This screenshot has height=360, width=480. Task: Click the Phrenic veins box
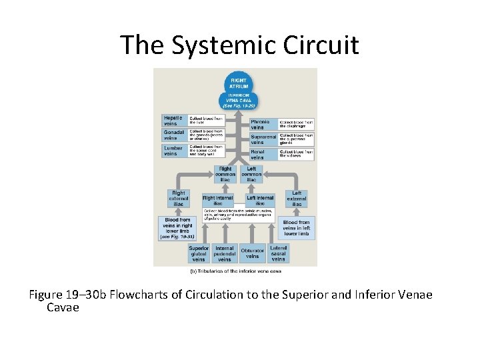tap(261, 125)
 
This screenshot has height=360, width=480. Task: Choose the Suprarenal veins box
tap(262, 139)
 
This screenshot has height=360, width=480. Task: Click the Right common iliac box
tap(225, 174)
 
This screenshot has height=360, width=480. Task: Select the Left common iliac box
tap(251, 174)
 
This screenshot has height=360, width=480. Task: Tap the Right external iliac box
tap(178, 199)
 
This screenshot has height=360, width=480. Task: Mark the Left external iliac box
tap(297, 199)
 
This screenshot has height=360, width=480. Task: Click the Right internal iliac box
tap(217, 200)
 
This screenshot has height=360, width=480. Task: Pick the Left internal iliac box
tap(260, 200)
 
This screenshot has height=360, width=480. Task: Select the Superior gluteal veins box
tap(199, 254)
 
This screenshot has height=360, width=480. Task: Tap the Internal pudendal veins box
tap(225, 254)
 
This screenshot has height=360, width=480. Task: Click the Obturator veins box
tap(253, 254)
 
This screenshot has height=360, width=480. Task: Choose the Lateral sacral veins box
tap(279, 254)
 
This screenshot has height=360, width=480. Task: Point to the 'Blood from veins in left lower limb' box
tap(297, 228)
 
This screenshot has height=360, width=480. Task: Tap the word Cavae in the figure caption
tap(63, 308)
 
